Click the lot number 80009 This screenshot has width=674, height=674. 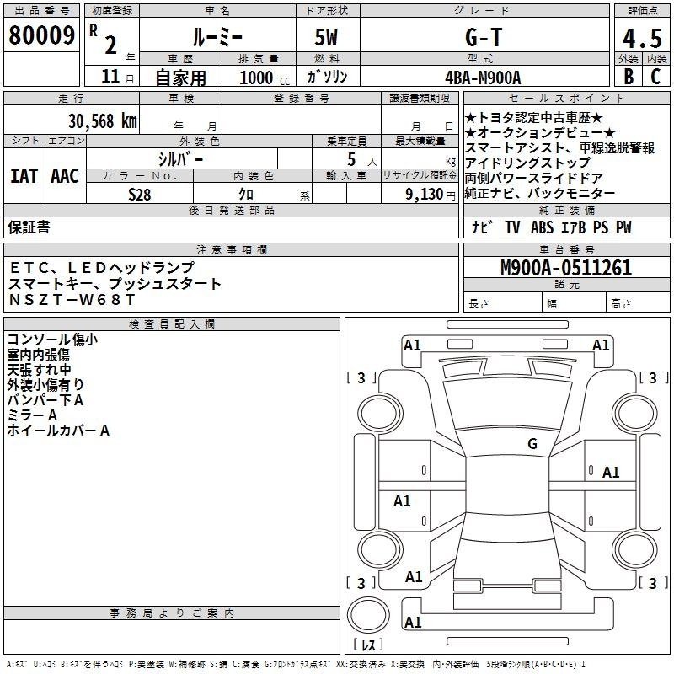coord(41,35)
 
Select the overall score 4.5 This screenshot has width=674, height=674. coord(642,38)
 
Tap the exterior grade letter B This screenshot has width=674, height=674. coord(629,77)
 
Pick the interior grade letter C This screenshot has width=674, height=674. coord(655,77)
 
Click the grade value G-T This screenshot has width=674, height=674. coord(484,37)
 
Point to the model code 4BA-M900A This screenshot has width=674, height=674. coord(483,78)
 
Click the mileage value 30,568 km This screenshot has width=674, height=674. coord(103,121)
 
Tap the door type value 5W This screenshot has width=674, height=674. coord(326,37)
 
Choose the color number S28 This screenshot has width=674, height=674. coord(140,195)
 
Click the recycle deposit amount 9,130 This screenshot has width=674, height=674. coord(425,195)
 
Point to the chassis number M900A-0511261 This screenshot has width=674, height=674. coord(566,268)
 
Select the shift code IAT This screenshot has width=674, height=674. coord(24,176)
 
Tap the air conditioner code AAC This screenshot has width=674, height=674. coord(65,176)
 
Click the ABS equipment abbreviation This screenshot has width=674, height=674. coord(542,227)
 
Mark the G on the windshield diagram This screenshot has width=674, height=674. coord(532,444)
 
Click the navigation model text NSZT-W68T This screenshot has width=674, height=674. coord(72,300)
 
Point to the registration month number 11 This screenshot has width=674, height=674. coord(110,77)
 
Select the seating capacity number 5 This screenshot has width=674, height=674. coord(351,159)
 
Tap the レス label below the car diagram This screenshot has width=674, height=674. coord(368,645)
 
